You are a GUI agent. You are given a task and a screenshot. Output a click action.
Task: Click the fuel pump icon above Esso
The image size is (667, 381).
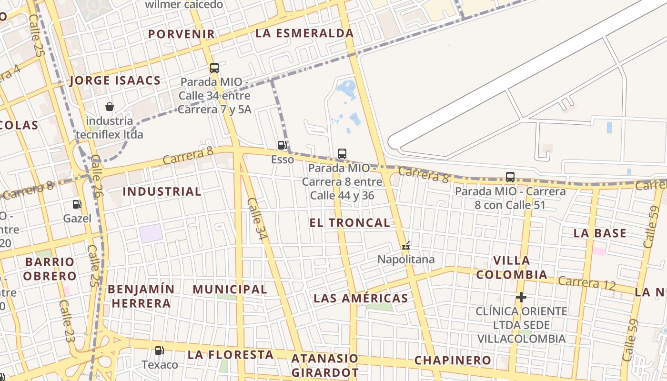click(x=283, y=145)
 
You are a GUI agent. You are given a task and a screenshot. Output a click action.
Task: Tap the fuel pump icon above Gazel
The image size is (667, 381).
click(x=77, y=204)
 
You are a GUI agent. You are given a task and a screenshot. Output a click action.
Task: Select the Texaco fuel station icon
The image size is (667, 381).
click(x=160, y=351)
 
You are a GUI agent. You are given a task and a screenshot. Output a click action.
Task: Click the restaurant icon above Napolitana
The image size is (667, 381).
click(x=406, y=246)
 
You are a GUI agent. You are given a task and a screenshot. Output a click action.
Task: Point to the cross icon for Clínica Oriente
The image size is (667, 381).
click(x=521, y=297)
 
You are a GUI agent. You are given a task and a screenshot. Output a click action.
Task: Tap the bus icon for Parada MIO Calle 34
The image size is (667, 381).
click(x=214, y=68)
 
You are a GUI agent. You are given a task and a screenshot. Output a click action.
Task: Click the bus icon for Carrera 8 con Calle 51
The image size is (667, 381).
click(x=510, y=177)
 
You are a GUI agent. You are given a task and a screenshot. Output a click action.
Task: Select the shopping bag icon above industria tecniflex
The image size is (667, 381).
click(x=110, y=107)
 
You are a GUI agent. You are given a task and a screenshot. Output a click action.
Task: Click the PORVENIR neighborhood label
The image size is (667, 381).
click(x=182, y=34)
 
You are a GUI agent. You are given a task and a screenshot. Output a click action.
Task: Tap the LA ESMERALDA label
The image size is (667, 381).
click(x=304, y=33)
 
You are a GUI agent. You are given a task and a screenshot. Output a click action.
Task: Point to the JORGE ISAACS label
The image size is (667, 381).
click(x=115, y=80)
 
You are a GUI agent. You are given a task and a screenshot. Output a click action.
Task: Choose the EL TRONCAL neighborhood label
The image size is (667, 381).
click(x=350, y=222)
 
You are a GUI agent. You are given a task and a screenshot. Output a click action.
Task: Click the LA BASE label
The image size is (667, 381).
click(x=600, y=233)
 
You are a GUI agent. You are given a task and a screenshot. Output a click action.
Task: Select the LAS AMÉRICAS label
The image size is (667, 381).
click(x=361, y=299)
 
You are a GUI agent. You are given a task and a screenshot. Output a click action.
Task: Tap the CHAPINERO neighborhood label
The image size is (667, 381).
click(x=453, y=360)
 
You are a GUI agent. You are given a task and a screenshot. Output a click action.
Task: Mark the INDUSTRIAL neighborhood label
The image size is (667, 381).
click(x=162, y=191)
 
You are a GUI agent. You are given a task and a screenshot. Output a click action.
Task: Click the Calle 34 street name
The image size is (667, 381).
click(x=258, y=219)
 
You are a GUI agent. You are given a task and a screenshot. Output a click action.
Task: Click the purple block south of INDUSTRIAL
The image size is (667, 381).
click(x=151, y=233)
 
